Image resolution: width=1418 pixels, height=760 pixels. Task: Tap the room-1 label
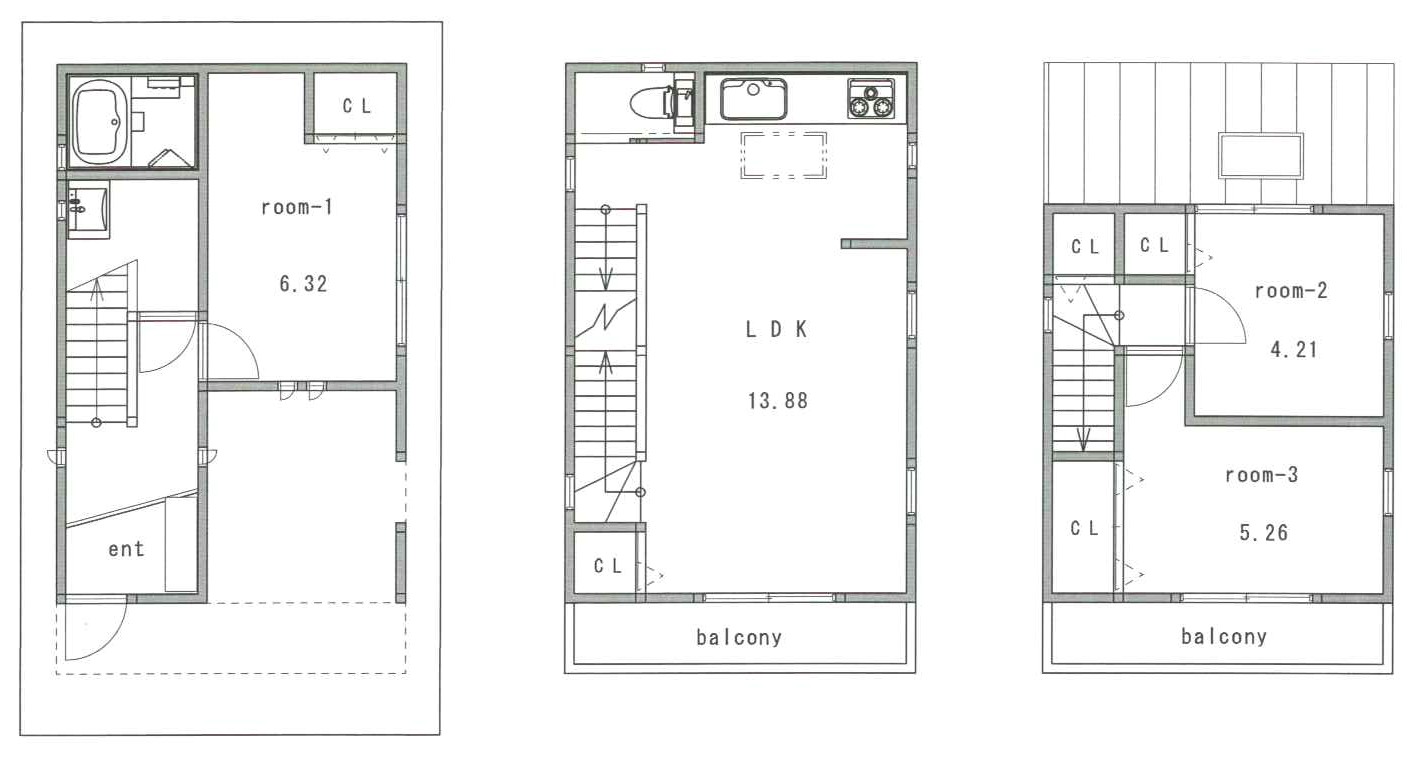297,206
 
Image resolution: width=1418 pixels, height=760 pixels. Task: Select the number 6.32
303,283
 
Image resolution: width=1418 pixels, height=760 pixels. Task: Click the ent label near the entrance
126,549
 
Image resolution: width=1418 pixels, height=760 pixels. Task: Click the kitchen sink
753,99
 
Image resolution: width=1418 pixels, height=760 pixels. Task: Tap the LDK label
776,329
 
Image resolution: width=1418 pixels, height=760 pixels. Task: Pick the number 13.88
777,401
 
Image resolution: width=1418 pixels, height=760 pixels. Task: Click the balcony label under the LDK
739,637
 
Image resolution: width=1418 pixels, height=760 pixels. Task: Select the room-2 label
1290,290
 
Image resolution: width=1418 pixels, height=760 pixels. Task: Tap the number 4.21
1294,349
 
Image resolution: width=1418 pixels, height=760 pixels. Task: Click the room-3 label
1261,475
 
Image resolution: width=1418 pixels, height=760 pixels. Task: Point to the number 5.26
1264,533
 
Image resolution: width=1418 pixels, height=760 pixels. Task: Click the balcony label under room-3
1224,637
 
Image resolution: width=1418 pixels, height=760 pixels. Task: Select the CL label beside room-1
357,106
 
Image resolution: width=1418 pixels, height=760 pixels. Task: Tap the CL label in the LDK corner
608,566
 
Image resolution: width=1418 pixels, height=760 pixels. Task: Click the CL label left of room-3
1084,528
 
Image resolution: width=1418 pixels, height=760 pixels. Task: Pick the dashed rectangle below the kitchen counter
784,155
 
